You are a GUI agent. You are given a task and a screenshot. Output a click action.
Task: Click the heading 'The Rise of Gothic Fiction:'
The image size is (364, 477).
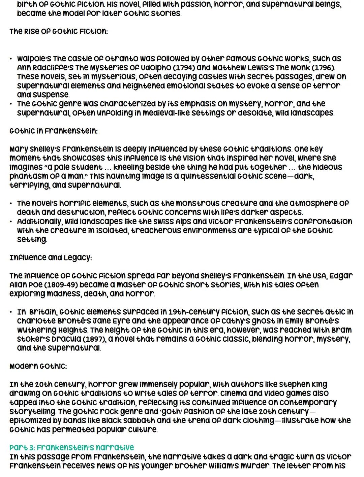[59, 32]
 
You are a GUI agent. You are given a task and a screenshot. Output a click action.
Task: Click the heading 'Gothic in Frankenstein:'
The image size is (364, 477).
[54, 131]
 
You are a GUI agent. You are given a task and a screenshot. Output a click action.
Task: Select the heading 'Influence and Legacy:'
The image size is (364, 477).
[51, 258]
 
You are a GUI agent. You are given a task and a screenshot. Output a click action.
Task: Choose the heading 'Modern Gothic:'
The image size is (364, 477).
[38, 366]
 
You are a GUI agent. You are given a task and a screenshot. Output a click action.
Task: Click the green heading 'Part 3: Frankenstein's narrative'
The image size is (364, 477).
[71, 448]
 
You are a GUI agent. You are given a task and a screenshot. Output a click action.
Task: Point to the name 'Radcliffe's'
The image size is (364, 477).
[48, 68]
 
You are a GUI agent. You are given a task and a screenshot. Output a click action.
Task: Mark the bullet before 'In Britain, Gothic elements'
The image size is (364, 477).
[11, 312]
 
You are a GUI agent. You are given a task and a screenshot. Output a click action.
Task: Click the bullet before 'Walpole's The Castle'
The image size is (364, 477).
[11, 59]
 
